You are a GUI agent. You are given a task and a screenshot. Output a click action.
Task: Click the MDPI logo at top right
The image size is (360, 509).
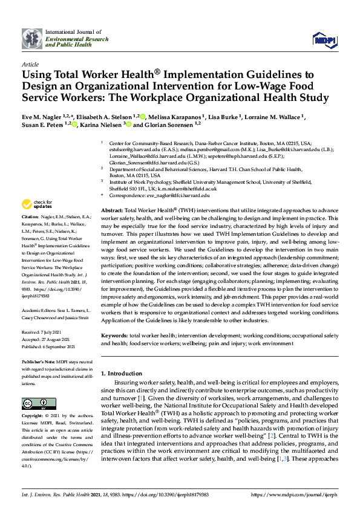click(324, 40)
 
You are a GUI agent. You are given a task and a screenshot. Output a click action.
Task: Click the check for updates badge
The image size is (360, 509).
click(36, 204)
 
